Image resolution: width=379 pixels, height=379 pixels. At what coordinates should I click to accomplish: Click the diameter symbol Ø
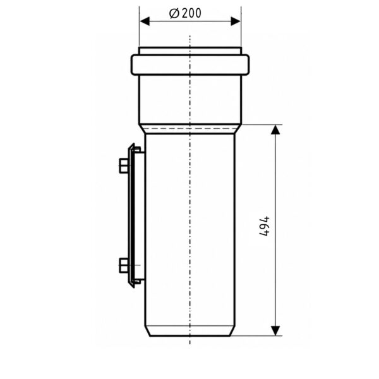click(174, 13)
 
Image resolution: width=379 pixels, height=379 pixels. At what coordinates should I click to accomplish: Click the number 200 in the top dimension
click(191, 13)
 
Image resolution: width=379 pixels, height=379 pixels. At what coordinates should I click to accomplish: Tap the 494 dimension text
click(264, 226)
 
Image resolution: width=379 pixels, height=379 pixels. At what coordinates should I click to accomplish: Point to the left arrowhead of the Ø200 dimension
click(145, 21)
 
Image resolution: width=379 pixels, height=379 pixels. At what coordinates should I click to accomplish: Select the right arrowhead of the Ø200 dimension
click(236, 21)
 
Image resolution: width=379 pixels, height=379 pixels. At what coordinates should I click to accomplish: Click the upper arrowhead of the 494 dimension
click(275, 129)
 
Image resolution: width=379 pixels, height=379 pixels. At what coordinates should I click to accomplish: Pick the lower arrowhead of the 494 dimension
click(275, 330)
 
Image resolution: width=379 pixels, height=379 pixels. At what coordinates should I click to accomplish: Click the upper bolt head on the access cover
click(124, 165)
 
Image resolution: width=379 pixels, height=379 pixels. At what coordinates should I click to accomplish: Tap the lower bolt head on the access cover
click(124, 265)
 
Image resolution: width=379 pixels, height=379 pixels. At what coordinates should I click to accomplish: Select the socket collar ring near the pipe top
click(190, 65)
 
